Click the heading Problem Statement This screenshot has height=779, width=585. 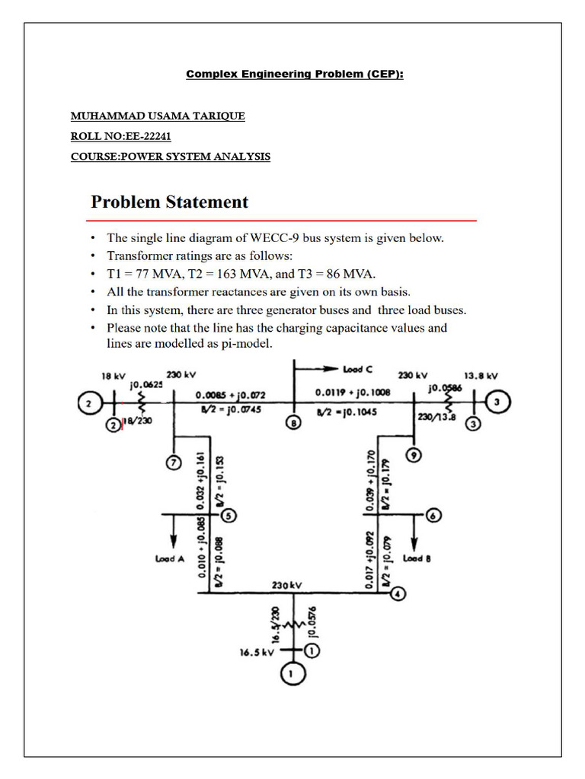[170, 202]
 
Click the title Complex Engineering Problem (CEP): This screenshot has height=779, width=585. [295, 74]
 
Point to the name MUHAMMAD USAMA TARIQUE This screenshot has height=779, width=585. [158, 116]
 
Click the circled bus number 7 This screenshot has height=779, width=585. [174, 462]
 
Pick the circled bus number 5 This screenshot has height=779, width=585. [229, 515]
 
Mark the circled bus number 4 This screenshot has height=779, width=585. [397, 594]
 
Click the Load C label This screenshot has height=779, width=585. [357, 370]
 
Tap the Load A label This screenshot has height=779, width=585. [170, 559]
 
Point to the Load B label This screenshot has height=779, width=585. [417, 558]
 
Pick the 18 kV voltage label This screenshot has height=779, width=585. [113, 376]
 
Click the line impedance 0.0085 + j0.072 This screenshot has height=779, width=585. [230, 396]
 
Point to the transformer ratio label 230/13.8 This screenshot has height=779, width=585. [436, 417]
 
